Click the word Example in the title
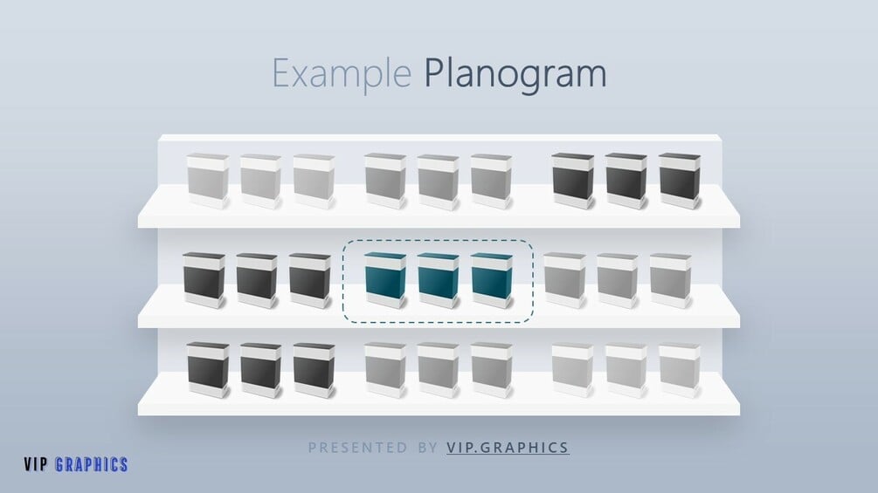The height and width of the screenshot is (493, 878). pyautogui.click(x=342, y=73)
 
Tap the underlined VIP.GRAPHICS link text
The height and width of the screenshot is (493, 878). pyautogui.click(x=508, y=448)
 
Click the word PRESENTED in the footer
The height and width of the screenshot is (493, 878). pyautogui.click(x=357, y=448)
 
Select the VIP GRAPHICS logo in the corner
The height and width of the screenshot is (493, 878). pyautogui.click(x=76, y=465)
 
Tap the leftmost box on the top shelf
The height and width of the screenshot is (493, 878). pyautogui.click(x=208, y=181)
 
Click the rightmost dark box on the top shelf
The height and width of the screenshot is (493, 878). pyautogui.click(x=679, y=181)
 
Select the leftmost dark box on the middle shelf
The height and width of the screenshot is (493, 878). pyautogui.click(x=204, y=280)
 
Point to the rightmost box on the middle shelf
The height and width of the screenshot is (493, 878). pyautogui.click(x=670, y=280)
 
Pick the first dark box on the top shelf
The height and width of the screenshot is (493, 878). pyautogui.click(x=572, y=181)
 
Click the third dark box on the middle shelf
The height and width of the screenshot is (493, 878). pyautogui.click(x=310, y=280)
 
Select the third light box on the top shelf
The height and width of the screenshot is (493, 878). pyautogui.click(x=314, y=181)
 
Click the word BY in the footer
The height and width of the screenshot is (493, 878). pyautogui.click(x=428, y=448)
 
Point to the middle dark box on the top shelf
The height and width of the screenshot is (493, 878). pyautogui.click(x=626, y=181)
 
